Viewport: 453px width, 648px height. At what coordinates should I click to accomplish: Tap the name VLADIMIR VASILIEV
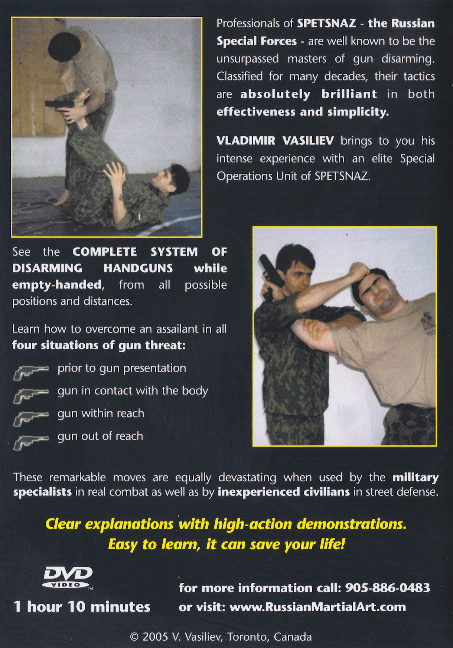click(275, 141)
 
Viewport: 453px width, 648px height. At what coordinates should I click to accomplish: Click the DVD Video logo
click(68, 577)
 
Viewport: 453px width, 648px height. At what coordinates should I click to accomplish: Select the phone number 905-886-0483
click(388, 588)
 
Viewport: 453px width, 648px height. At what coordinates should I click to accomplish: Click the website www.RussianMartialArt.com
click(317, 607)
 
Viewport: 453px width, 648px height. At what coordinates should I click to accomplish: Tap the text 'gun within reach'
click(101, 413)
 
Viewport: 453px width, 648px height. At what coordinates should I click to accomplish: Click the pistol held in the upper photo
click(59, 104)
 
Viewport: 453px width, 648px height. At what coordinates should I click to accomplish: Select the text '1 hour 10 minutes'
click(82, 607)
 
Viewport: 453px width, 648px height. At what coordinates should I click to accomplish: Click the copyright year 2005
click(155, 637)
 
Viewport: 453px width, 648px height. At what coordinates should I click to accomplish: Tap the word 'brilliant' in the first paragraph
click(349, 94)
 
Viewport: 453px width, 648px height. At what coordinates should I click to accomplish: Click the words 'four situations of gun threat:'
click(98, 345)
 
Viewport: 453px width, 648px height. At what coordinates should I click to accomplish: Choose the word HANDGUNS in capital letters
click(138, 268)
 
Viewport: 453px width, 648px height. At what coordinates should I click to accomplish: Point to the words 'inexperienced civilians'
click(284, 492)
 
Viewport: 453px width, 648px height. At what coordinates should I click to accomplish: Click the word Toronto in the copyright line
click(247, 637)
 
